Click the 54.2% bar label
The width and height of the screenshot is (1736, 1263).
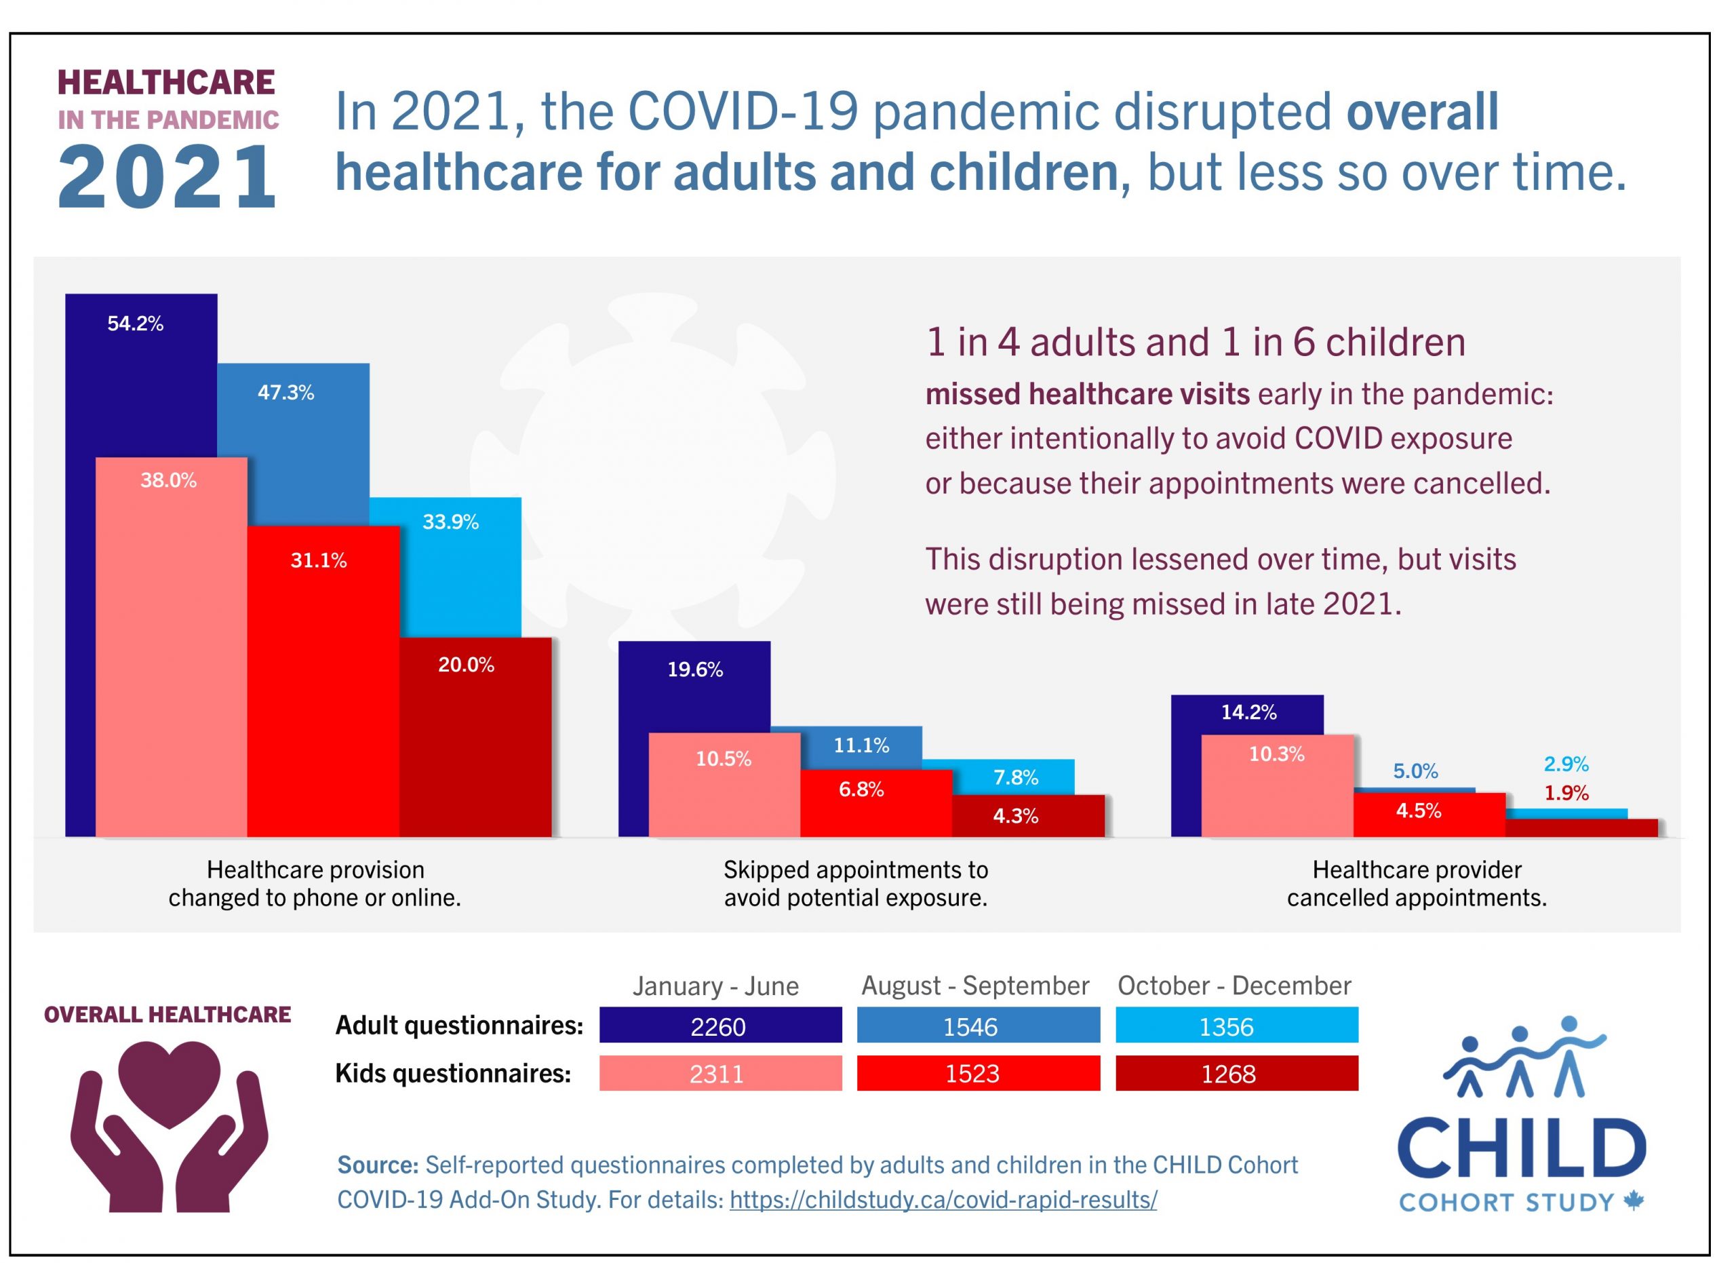pos(136,324)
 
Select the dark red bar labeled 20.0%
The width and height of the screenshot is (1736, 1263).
pos(476,739)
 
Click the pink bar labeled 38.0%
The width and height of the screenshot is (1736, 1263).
pos(172,650)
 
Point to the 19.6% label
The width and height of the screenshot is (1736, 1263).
pos(696,672)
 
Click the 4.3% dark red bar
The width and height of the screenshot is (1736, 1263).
pos(1029,817)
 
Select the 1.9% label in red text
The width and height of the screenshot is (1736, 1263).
pos(1568,794)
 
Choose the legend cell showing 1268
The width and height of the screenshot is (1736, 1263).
pos(1238,1074)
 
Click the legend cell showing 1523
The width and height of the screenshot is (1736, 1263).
pos(979,1074)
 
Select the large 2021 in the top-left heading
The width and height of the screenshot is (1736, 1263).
pos(167,178)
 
